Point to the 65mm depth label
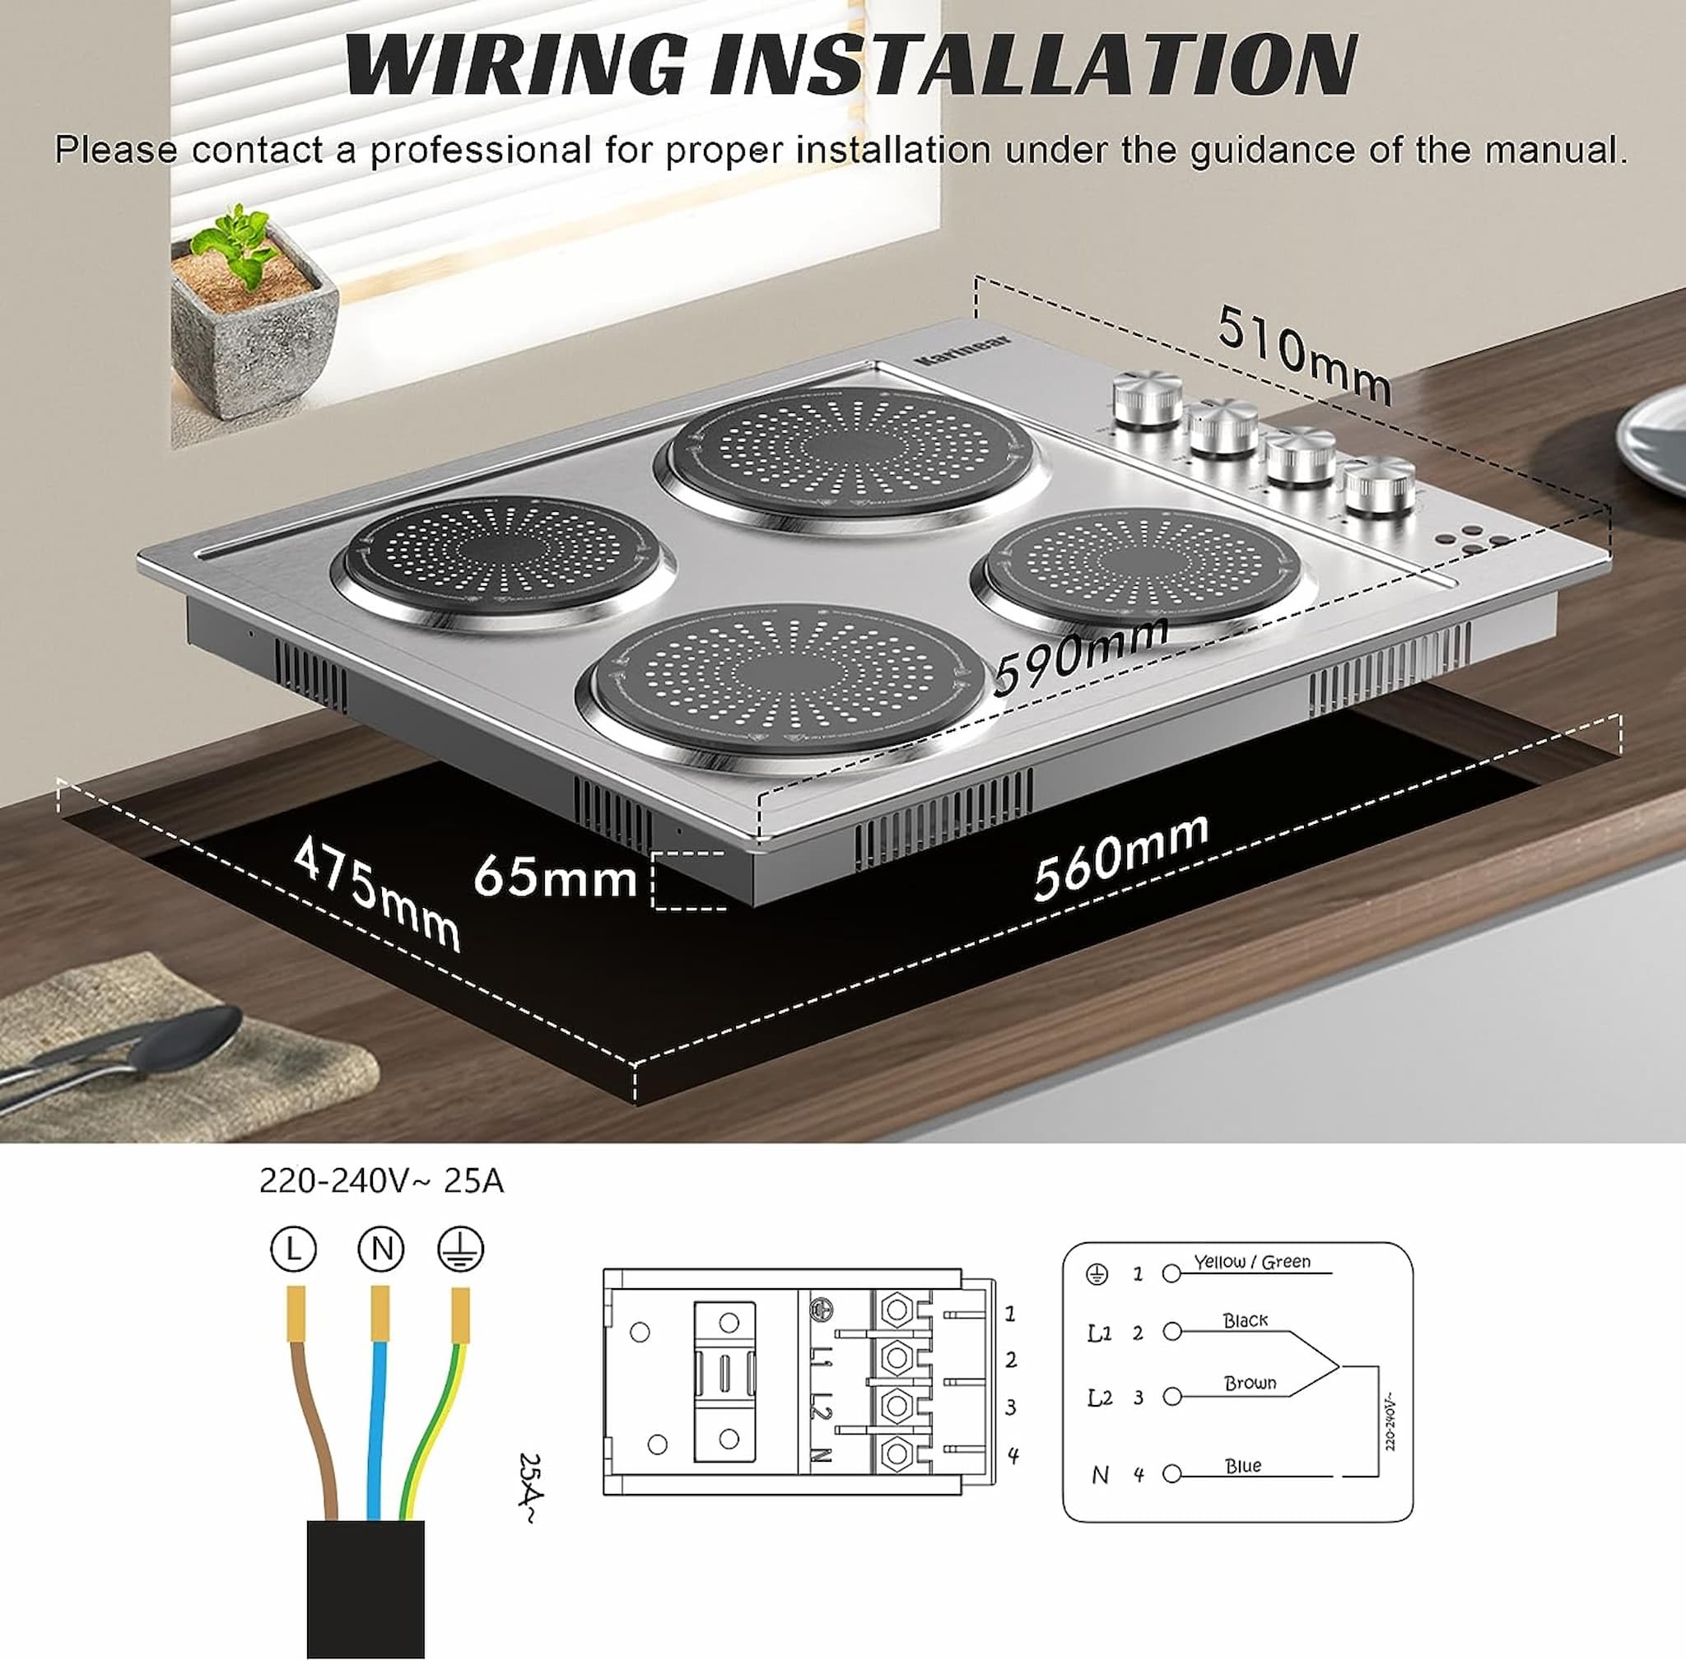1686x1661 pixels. click(555, 877)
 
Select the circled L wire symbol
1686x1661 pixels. click(293, 1250)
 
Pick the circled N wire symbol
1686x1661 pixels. click(381, 1250)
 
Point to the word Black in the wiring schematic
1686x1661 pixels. click(1245, 1321)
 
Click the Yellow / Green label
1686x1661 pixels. click(1251, 1262)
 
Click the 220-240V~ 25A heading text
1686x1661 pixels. click(381, 1181)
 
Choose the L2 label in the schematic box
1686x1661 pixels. click(1100, 1398)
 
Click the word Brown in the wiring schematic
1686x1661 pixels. click(1250, 1383)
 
